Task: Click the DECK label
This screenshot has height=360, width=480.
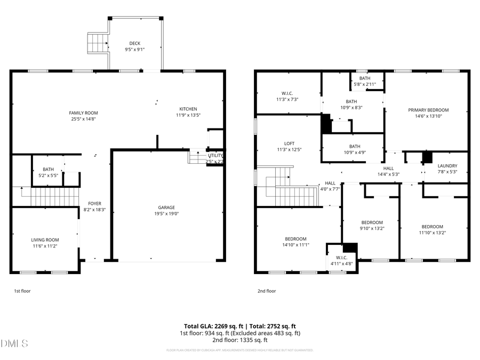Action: pos(135,43)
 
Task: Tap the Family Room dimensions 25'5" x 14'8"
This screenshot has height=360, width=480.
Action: pos(84,119)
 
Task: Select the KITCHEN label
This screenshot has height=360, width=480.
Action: pos(188,109)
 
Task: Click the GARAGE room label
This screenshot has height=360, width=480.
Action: pos(166,207)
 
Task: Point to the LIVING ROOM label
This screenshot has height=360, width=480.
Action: pos(45,240)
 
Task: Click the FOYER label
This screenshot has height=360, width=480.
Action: pos(94,203)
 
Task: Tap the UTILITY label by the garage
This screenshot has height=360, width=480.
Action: pos(215,155)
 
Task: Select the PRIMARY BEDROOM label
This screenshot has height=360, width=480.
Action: pos(428,110)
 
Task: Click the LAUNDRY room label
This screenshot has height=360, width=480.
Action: pos(447,166)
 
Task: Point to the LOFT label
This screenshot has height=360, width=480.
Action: pos(289,143)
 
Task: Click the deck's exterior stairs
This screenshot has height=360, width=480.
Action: pos(98,43)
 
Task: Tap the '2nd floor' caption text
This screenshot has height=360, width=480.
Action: pos(267,291)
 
